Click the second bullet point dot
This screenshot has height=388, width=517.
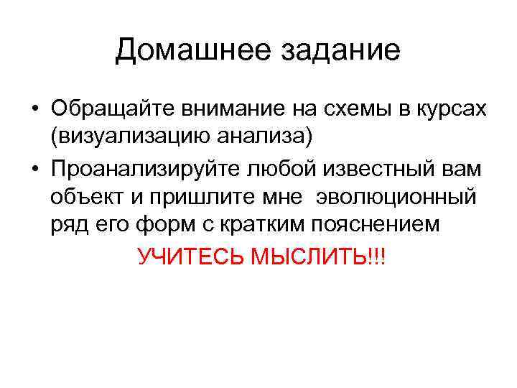[34, 170]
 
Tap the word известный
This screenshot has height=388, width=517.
[360, 170]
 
